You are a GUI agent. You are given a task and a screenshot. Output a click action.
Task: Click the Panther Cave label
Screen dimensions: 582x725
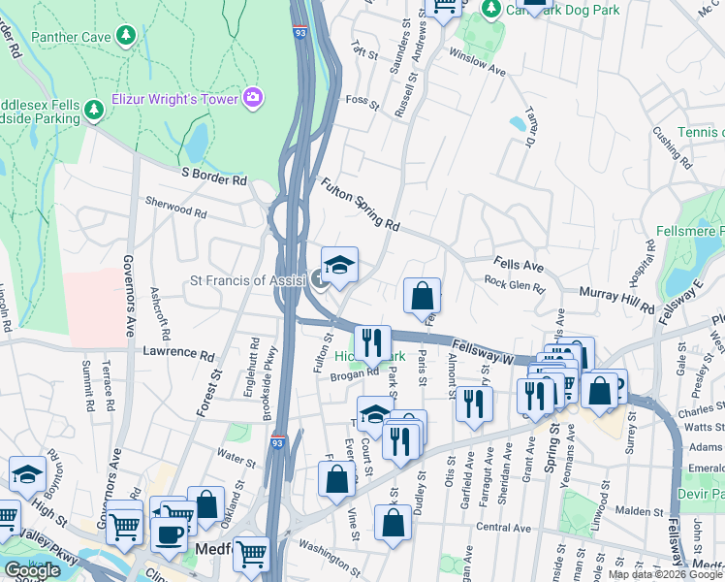click(71, 37)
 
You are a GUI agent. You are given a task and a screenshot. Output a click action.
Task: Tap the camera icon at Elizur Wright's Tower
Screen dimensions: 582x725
click(253, 96)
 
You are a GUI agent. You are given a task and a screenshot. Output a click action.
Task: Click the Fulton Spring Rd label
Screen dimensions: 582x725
click(360, 203)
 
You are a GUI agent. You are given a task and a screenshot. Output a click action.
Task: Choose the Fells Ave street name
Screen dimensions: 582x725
click(519, 264)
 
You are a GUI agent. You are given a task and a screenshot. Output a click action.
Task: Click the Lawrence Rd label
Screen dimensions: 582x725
click(177, 355)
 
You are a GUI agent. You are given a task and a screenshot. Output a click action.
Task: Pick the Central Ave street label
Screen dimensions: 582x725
click(504, 528)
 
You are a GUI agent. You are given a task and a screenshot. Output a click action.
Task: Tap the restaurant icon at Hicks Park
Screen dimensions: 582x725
click(372, 342)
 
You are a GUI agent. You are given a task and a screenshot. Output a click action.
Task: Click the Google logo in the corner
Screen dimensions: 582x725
click(32, 570)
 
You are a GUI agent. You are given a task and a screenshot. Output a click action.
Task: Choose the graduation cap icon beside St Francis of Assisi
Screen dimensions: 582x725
click(339, 266)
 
